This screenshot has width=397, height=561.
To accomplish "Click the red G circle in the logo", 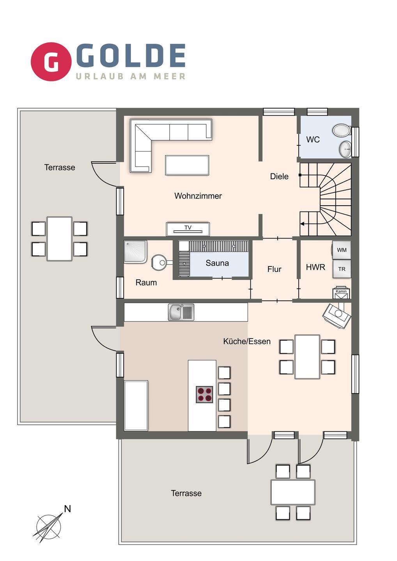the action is point(51,62).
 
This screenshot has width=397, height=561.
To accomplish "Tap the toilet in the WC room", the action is point(342,130).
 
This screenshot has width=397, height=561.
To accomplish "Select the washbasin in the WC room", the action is point(346,149).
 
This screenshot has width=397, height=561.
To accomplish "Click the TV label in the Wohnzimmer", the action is point(188,228).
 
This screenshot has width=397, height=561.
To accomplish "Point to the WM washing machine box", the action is point(342,250).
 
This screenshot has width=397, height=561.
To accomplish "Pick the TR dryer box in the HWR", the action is point(342,269).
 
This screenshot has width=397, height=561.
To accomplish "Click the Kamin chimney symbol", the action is point(341,293).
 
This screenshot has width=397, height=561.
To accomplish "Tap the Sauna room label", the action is point(217,263).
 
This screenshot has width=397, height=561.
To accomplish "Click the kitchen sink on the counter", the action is point(181,312).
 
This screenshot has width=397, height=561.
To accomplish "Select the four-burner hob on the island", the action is point(204,394).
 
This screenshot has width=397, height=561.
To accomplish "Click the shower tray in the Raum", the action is point(135,252).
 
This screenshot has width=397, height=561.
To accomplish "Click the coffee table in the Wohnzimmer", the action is point(187,165).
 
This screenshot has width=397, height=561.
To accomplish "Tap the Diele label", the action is point(279,176).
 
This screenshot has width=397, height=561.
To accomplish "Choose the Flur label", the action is point(274,269).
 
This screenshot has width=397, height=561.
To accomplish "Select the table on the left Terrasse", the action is point(60,239).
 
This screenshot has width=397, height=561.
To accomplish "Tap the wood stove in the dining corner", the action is point(337,315).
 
